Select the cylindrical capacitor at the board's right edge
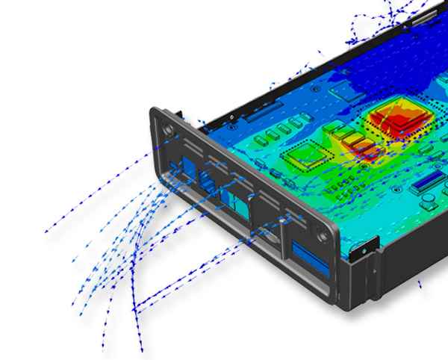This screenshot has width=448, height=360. (x=432, y=200)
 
